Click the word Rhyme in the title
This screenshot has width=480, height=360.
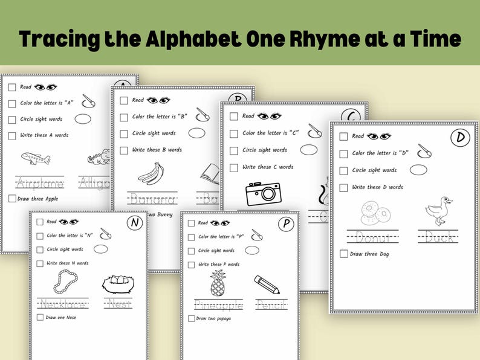(x=323, y=39)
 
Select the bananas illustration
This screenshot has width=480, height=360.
(x=151, y=173)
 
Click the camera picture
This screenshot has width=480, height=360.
(x=262, y=194)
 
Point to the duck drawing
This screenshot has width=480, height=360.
(x=438, y=211)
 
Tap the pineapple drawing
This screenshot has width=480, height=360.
(x=217, y=283)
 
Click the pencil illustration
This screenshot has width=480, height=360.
(x=267, y=284)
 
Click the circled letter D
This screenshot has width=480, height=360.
(x=461, y=138)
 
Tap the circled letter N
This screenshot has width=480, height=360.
(x=135, y=223)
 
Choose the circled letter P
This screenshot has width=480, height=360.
(x=285, y=225)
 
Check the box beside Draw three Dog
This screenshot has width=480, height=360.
(x=343, y=254)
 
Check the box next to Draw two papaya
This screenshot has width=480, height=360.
(x=191, y=318)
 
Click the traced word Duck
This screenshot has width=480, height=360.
(x=438, y=237)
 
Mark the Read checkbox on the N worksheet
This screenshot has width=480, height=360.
(x=40, y=222)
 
